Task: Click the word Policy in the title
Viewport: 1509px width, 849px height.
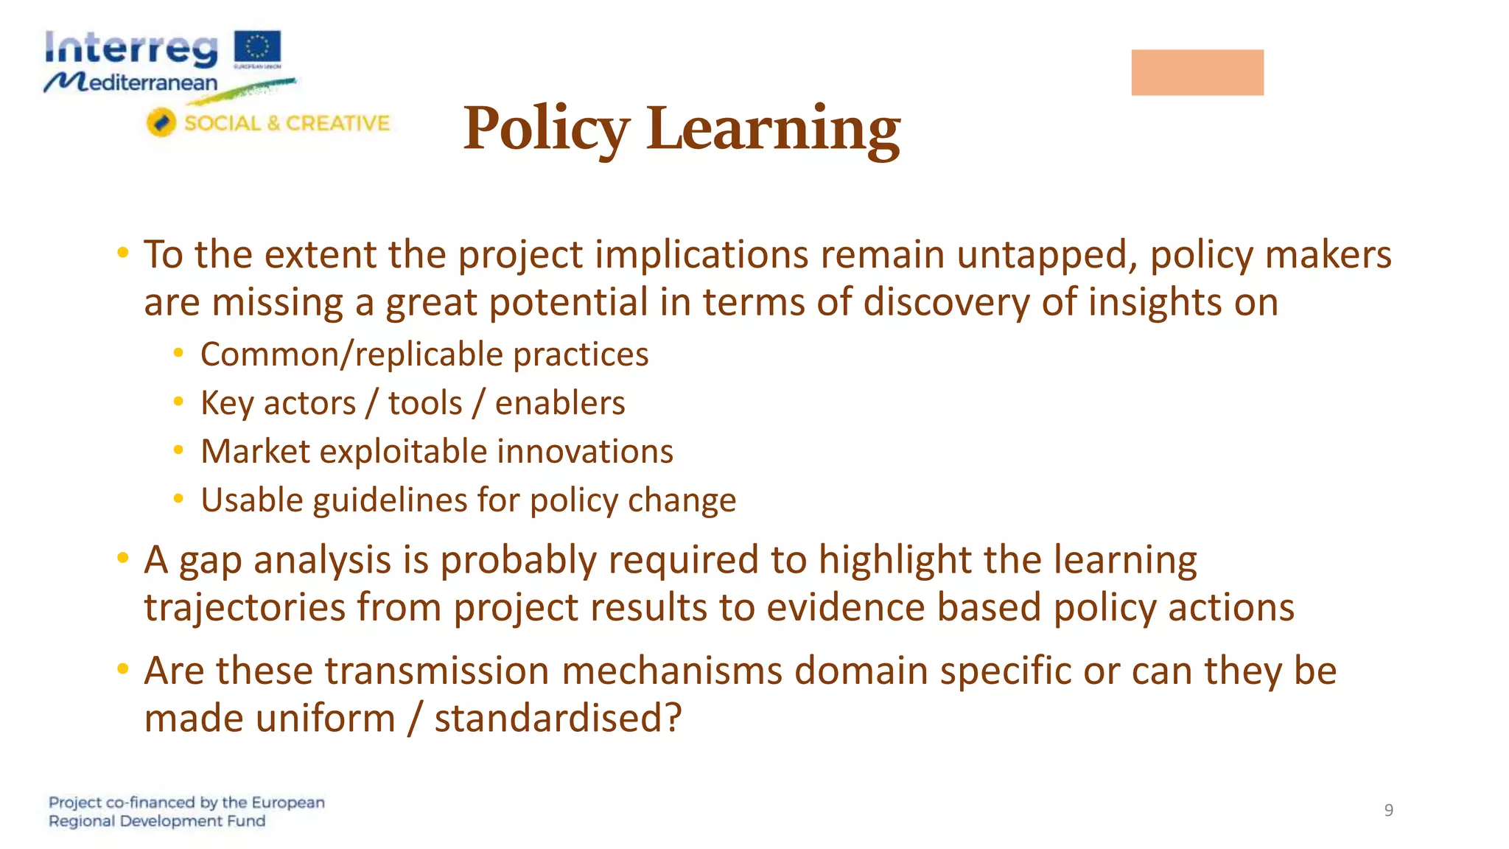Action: pos(546,129)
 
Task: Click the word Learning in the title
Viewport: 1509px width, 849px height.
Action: pos(773,129)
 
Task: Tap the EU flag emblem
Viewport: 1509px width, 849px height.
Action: pos(257,47)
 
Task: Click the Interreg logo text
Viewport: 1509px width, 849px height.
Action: pos(131,49)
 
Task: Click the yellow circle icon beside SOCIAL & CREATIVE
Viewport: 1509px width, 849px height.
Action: pos(161,122)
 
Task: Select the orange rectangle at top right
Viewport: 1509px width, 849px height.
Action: pos(1197,72)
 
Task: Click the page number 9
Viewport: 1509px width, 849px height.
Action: pos(1388,810)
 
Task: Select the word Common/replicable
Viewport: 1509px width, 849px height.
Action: pos(351,355)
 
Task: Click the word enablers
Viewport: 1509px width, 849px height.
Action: pos(560,403)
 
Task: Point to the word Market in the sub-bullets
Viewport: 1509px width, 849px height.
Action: pos(255,452)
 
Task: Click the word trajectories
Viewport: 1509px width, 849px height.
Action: pos(245,609)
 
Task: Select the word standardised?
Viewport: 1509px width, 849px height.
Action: pos(558,719)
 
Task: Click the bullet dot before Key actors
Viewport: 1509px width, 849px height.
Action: pos(178,402)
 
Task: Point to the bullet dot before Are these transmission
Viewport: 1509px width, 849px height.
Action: pos(123,668)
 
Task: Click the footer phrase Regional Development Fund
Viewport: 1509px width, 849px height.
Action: pos(157,821)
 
